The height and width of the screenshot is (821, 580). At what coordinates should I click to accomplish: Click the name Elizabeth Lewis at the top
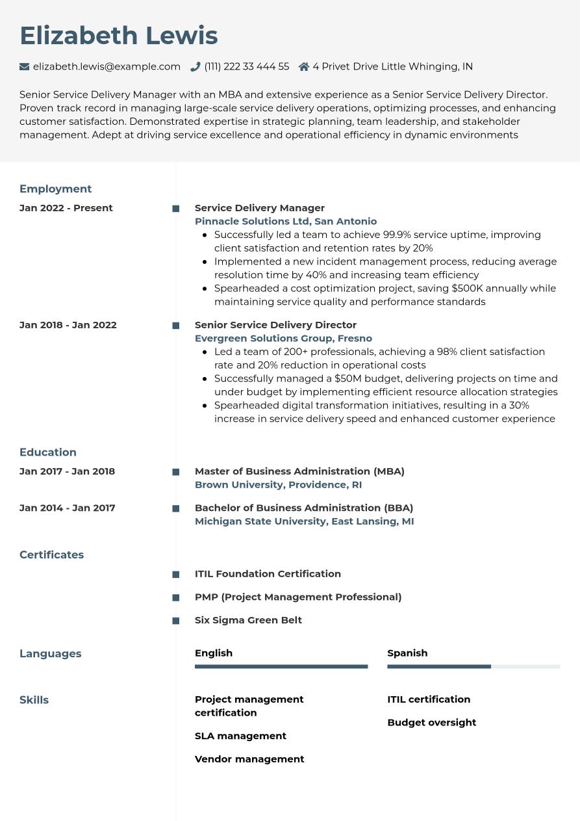(x=119, y=36)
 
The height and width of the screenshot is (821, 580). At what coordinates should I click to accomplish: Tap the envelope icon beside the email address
(x=25, y=66)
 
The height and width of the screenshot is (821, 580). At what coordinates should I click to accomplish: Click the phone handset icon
(x=195, y=66)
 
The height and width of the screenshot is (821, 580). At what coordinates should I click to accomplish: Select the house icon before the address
(x=303, y=66)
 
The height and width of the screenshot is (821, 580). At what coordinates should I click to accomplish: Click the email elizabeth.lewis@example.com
(x=107, y=66)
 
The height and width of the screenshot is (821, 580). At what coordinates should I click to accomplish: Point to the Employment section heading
(x=55, y=189)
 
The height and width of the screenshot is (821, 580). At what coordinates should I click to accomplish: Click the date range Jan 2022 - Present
(x=66, y=208)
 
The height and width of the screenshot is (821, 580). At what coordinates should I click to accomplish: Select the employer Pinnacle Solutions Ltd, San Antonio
(x=286, y=222)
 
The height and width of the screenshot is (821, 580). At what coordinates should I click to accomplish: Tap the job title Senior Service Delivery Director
(x=275, y=325)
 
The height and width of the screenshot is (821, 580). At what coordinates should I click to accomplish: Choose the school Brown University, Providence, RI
(x=278, y=485)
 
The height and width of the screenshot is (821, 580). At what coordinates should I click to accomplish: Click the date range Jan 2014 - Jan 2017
(x=67, y=508)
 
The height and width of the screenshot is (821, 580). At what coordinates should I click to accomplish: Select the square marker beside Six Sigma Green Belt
(x=175, y=621)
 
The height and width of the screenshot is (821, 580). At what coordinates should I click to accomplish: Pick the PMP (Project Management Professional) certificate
(x=298, y=597)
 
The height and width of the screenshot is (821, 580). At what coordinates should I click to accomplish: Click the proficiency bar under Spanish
(x=473, y=666)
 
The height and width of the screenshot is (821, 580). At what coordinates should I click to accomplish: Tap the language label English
(x=214, y=653)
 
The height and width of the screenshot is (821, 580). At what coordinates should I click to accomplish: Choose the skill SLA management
(x=240, y=736)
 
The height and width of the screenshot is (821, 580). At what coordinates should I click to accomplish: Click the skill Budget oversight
(x=431, y=723)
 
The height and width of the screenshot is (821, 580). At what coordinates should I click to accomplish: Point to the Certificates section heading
(x=51, y=555)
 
